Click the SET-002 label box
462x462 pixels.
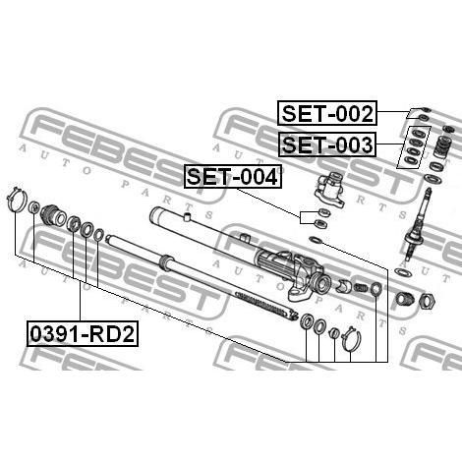(327, 113)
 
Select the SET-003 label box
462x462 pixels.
(327, 144)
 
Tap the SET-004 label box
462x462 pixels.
(233, 176)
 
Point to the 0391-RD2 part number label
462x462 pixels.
(83, 334)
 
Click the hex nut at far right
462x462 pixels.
(428, 301)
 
